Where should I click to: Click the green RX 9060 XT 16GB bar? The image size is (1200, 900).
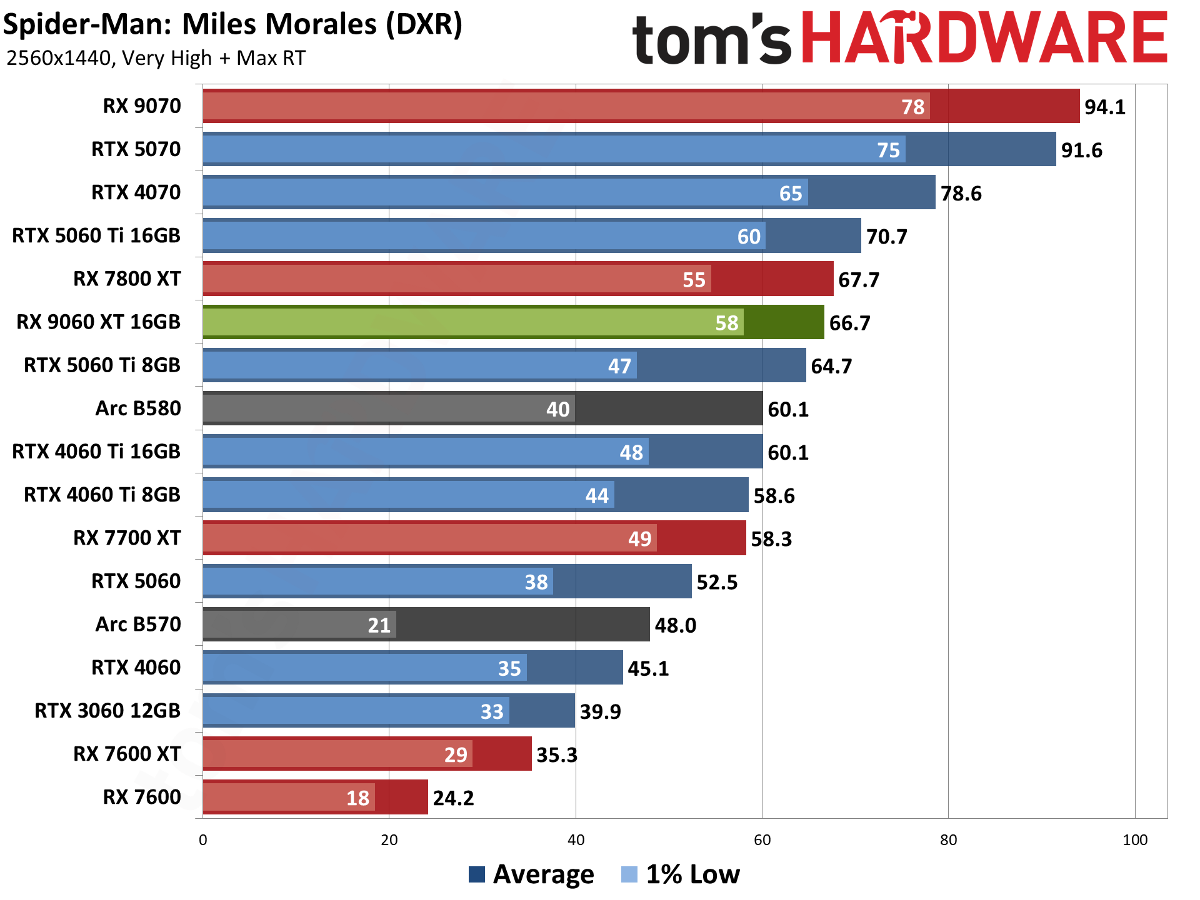tap(512, 322)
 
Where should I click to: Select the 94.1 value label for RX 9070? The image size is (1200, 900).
tap(1104, 107)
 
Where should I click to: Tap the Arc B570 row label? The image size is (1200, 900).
tap(138, 624)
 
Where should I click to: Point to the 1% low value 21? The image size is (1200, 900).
tap(379, 625)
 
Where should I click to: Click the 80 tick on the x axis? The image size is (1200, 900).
tap(948, 840)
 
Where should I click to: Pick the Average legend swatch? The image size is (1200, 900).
tap(477, 874)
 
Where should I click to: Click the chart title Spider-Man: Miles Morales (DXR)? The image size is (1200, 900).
tap(232, 25)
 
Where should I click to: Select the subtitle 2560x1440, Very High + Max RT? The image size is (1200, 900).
tap(156, 58)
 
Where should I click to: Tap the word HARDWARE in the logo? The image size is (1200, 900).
tap(984, 39)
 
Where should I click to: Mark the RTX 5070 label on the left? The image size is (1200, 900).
tap(136, 149)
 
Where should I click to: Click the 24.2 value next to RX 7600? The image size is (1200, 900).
tap(453, 798)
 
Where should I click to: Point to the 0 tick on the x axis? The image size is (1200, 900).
tap(203, 840)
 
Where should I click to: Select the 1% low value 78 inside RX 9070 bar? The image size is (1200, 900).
tap(912, 107)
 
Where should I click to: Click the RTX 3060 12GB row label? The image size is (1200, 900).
tap(107, 711)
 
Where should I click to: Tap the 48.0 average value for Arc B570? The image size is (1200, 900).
tap(675, 625)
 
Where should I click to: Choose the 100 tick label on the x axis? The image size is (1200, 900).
tap(1134, 840)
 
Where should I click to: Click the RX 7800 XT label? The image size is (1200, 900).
tap(127, 279)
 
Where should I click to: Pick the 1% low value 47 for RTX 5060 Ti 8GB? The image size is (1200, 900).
tap(619, 366)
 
